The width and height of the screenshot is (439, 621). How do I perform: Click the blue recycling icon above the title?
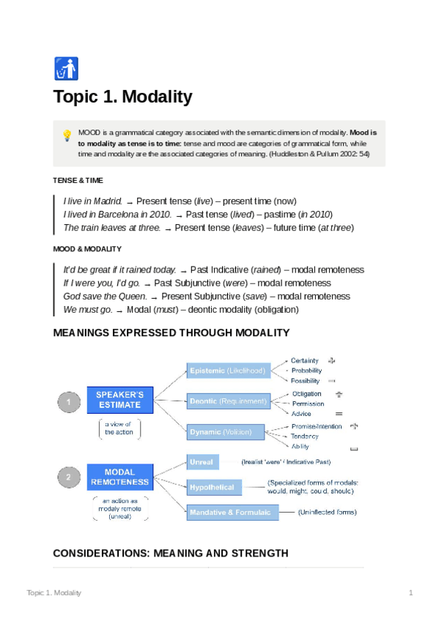pyautogui.click(x=66, y=68)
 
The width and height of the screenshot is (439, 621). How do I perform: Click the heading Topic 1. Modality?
pyautogui.click(x=122, y=97)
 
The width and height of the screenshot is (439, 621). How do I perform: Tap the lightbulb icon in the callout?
pyautogui.click(x=67, y=135)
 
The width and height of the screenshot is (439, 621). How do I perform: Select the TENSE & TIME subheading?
pyautogui.click(x=78, y=180)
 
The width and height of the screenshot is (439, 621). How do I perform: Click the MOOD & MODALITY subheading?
pyautogui.click(x=87, y=249)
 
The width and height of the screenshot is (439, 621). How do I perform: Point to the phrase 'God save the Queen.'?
pyautogui.click(x=106, y=297)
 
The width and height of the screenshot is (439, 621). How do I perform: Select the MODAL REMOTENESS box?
pyautogui.click(x=119, y=477)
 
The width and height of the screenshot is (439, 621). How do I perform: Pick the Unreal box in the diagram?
pyautogui.click(x=202, y=462)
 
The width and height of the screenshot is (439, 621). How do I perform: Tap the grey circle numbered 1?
pyautogui.click(x=68, y=401)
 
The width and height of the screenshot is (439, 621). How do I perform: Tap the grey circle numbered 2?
pyautogui.click(x=68, y=477)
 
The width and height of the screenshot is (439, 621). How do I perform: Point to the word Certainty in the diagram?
pyautogui.click(x=304, y=360)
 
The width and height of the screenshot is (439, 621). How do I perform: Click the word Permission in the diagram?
pyautogui.click(x=308, y=404)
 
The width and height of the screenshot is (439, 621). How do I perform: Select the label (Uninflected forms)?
pyautogui.click(x=327, y=512)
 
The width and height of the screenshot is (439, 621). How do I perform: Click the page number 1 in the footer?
pyautogui.click(x=411, y=592)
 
